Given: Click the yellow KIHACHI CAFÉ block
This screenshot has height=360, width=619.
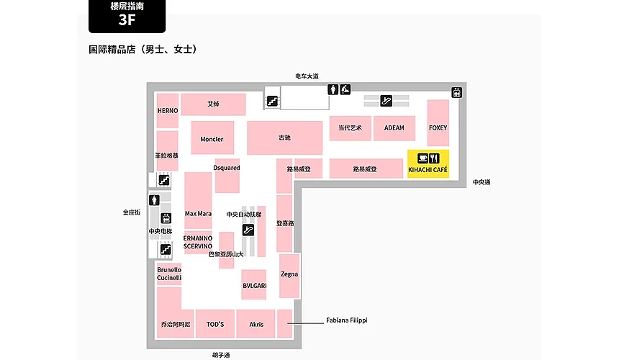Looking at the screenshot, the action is (428, 163).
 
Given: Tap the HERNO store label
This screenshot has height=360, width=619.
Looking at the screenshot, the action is (168, 111).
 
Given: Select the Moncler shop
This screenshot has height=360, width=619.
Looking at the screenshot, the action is (212, 138).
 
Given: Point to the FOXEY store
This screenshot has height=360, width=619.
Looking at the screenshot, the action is (438, 123).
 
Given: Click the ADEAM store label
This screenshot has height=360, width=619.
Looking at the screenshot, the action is (394, 128).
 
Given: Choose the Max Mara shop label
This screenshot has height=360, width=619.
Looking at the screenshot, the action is (198, 214).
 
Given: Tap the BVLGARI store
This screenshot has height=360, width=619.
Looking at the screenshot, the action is (254, 284).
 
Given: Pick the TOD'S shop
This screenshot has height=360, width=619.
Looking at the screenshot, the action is (215, 324).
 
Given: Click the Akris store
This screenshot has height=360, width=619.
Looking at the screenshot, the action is (256, 324).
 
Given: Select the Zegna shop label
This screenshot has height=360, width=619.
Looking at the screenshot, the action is (289, 274).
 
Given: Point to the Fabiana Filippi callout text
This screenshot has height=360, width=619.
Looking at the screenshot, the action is (347, 320).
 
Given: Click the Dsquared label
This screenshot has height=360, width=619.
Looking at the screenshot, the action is (227, 168).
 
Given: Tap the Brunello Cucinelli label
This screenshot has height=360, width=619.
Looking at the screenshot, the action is (169, 274).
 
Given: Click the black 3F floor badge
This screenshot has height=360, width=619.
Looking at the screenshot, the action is (127, 16).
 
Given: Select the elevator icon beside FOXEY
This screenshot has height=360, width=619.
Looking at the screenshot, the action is (457, 92).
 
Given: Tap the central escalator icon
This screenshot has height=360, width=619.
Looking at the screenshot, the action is (248, 230).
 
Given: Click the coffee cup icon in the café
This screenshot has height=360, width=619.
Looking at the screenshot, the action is (423, 158).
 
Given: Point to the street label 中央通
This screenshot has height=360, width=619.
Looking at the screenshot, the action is (482, 182).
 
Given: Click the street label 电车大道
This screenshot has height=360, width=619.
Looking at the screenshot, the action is (307, 76).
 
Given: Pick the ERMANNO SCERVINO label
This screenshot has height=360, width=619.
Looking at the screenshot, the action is (198, 242).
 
